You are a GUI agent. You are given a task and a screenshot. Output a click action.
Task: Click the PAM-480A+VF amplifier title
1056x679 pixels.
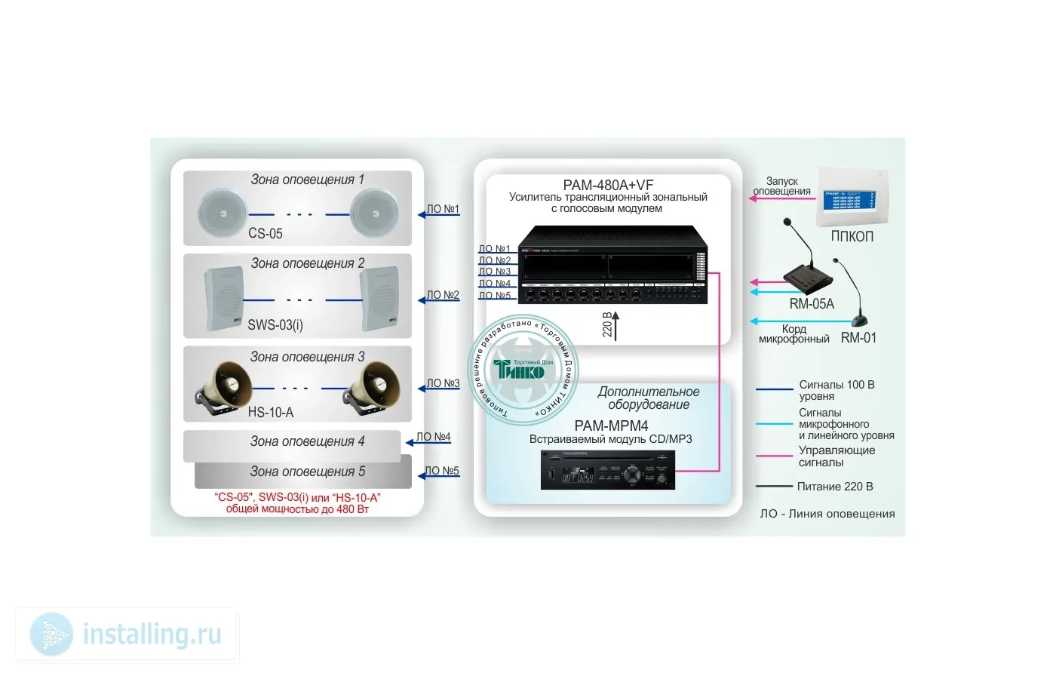(x=608, y=185)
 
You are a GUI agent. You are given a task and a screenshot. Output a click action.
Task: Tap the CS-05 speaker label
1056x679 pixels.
(x=266, y=234)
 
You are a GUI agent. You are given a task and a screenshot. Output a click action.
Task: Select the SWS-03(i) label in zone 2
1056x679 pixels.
(x=275, y=325)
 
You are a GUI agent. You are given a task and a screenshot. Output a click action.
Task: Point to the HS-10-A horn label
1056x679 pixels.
(x=271, y=413)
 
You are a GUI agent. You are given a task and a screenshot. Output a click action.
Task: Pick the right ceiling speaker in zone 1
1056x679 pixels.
(x=374, y=213)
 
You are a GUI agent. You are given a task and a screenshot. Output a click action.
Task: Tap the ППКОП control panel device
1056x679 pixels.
(x=852, y=196)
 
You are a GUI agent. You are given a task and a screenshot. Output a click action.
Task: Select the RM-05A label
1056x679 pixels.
(x=812, y=304)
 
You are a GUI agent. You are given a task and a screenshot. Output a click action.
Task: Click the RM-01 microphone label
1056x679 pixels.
(x=858, y=338)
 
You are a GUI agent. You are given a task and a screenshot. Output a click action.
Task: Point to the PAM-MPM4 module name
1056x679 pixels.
(x=611, y=426)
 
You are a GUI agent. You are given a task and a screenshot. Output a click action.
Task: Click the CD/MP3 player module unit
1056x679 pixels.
(x=608, y=470)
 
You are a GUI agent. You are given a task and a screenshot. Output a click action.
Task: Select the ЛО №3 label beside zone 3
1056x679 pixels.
(x=443, y=383)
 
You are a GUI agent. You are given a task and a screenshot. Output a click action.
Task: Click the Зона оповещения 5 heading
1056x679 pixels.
(x=307, y=472)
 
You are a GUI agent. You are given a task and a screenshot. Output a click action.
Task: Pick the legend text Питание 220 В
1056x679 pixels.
(x=835, y=487)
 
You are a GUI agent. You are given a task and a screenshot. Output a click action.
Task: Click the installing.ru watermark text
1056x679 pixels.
(x=152, y=634)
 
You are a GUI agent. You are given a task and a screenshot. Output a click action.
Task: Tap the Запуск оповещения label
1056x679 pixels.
(x=782, y=186)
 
